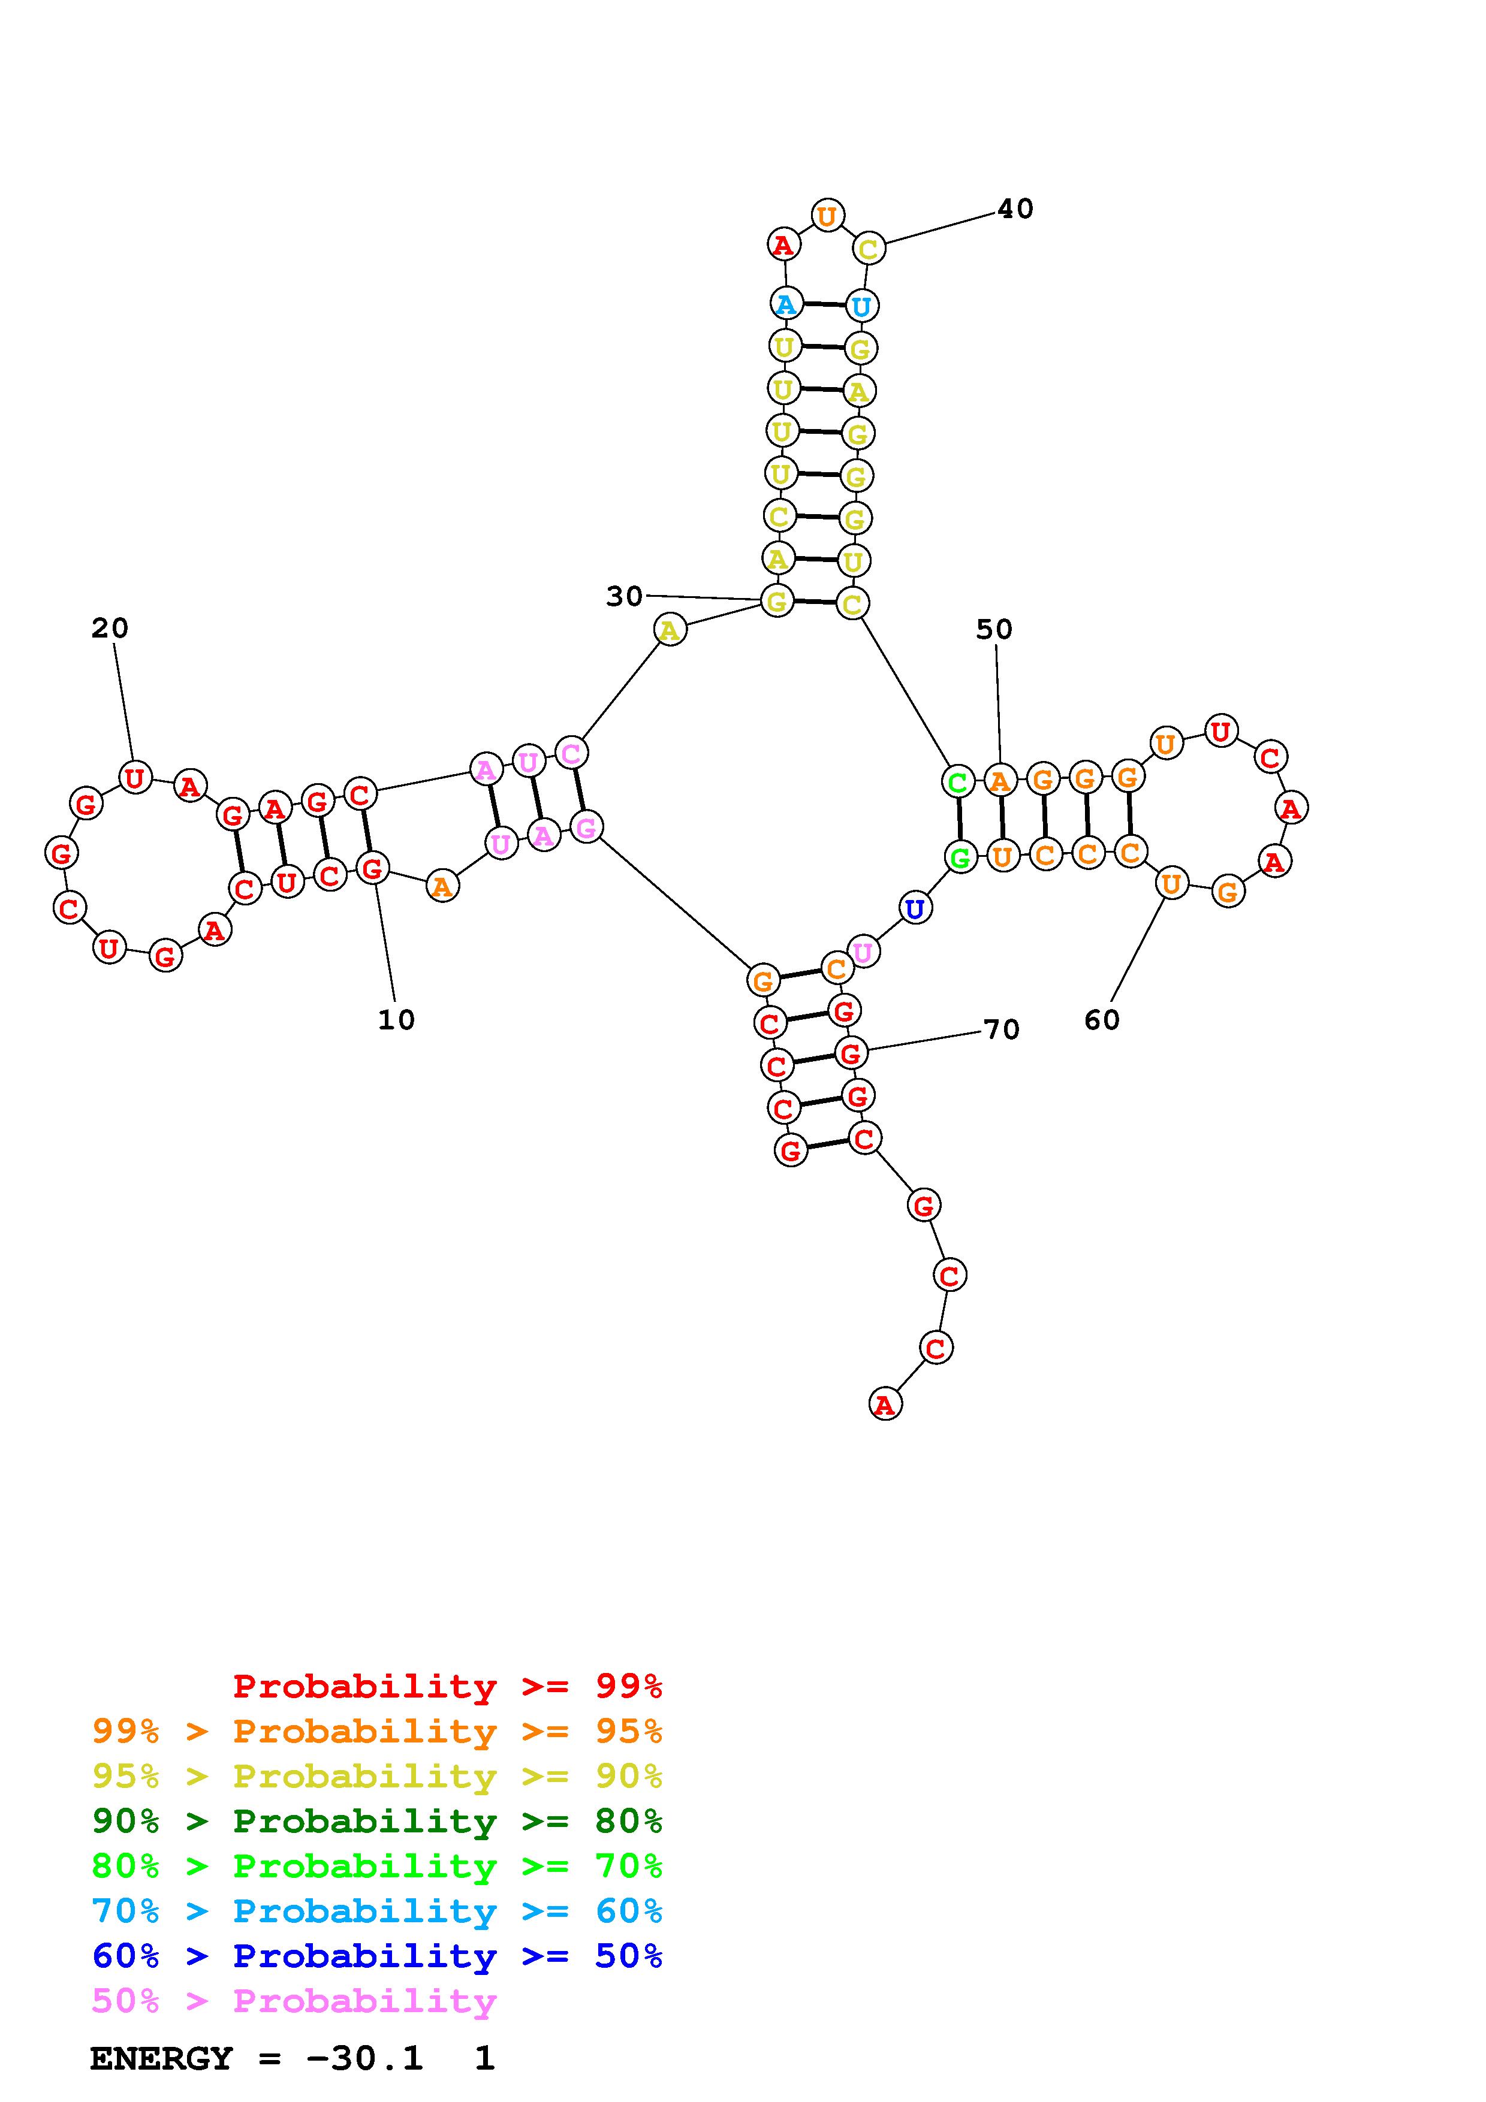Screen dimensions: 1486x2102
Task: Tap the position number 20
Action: (110, 628)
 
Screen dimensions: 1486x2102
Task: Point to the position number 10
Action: (396, 1020)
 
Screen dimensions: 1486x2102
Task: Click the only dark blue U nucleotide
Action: (914, 909)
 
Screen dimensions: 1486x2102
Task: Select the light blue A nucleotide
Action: (786, 304)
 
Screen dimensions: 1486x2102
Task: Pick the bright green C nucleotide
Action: (958, 782)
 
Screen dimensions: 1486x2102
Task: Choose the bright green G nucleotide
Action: (960, 858)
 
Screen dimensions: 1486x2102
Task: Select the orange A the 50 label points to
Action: (1000, 781)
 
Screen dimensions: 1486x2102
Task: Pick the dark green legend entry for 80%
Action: (377, 1821)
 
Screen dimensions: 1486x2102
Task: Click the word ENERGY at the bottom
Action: (161, 2059)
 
